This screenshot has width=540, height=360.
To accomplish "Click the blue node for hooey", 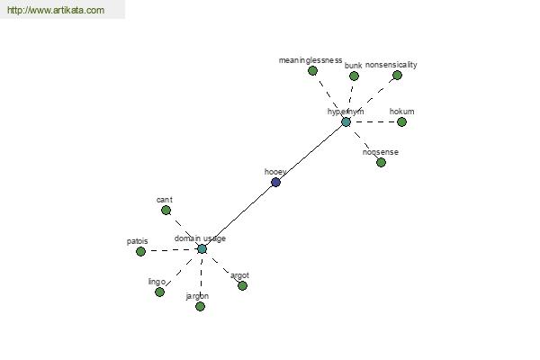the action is click(x=275, y=182).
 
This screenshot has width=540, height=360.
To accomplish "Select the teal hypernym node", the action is click(x=346, y=121).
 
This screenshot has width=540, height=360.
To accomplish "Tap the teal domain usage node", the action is click(x=202, y=248).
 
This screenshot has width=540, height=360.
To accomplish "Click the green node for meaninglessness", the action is click(x=312, y=70).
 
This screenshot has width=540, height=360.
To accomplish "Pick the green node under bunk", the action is click(x=354, y=76).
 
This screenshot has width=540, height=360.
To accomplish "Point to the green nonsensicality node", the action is click(x=397, y=75).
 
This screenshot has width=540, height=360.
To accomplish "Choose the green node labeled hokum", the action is click(x=401, y=121).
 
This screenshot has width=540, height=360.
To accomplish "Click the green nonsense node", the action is click(x=381, y=162).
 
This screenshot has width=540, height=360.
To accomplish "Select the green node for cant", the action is click(x=166, y=210).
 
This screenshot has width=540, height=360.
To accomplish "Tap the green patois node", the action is click(x=140, y=251).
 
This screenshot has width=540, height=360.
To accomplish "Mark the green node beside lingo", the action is click(x=159, y=292).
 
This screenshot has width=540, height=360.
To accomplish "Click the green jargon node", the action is click(x=200, y=306).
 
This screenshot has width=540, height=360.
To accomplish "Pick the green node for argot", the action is click(x=242, y=285).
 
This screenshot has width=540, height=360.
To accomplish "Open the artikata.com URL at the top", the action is click(x=56, y=10).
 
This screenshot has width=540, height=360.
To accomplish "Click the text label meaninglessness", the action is click(x=310, y=60).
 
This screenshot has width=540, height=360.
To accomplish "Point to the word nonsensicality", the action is click(x=391, y=65).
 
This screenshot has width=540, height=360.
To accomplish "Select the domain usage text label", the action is click(x=200, y=238).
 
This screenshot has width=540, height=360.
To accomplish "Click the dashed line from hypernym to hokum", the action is click(x=373, y=121).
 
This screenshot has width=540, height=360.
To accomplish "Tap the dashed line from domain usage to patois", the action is click(x=171, y=250).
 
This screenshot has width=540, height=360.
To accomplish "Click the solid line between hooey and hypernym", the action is click(x=310, y=152).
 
